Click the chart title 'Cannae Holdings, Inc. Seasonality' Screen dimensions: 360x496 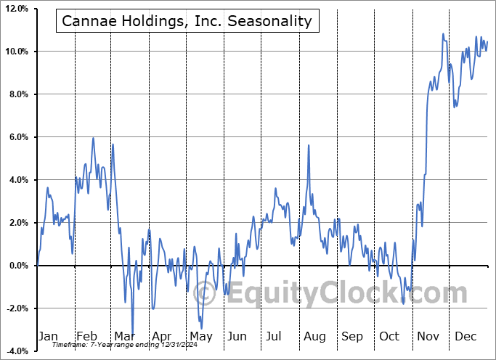click(187, 21)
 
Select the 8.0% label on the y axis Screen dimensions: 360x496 click(18, 94)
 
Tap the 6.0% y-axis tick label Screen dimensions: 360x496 click(18, 137)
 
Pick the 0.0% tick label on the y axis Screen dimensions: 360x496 click(18, 266)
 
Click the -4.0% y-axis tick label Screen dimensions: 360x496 click(17, 351)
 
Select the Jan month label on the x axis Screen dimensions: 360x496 click(47, 337)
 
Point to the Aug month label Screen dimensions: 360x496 click(314, 337)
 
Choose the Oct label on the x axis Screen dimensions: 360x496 click(389, 337)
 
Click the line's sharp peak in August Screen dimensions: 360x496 click(309, 145)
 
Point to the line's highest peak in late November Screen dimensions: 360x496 click(443, 34)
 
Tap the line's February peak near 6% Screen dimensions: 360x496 click(93, 138)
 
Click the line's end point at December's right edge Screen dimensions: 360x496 click(487, 41)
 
